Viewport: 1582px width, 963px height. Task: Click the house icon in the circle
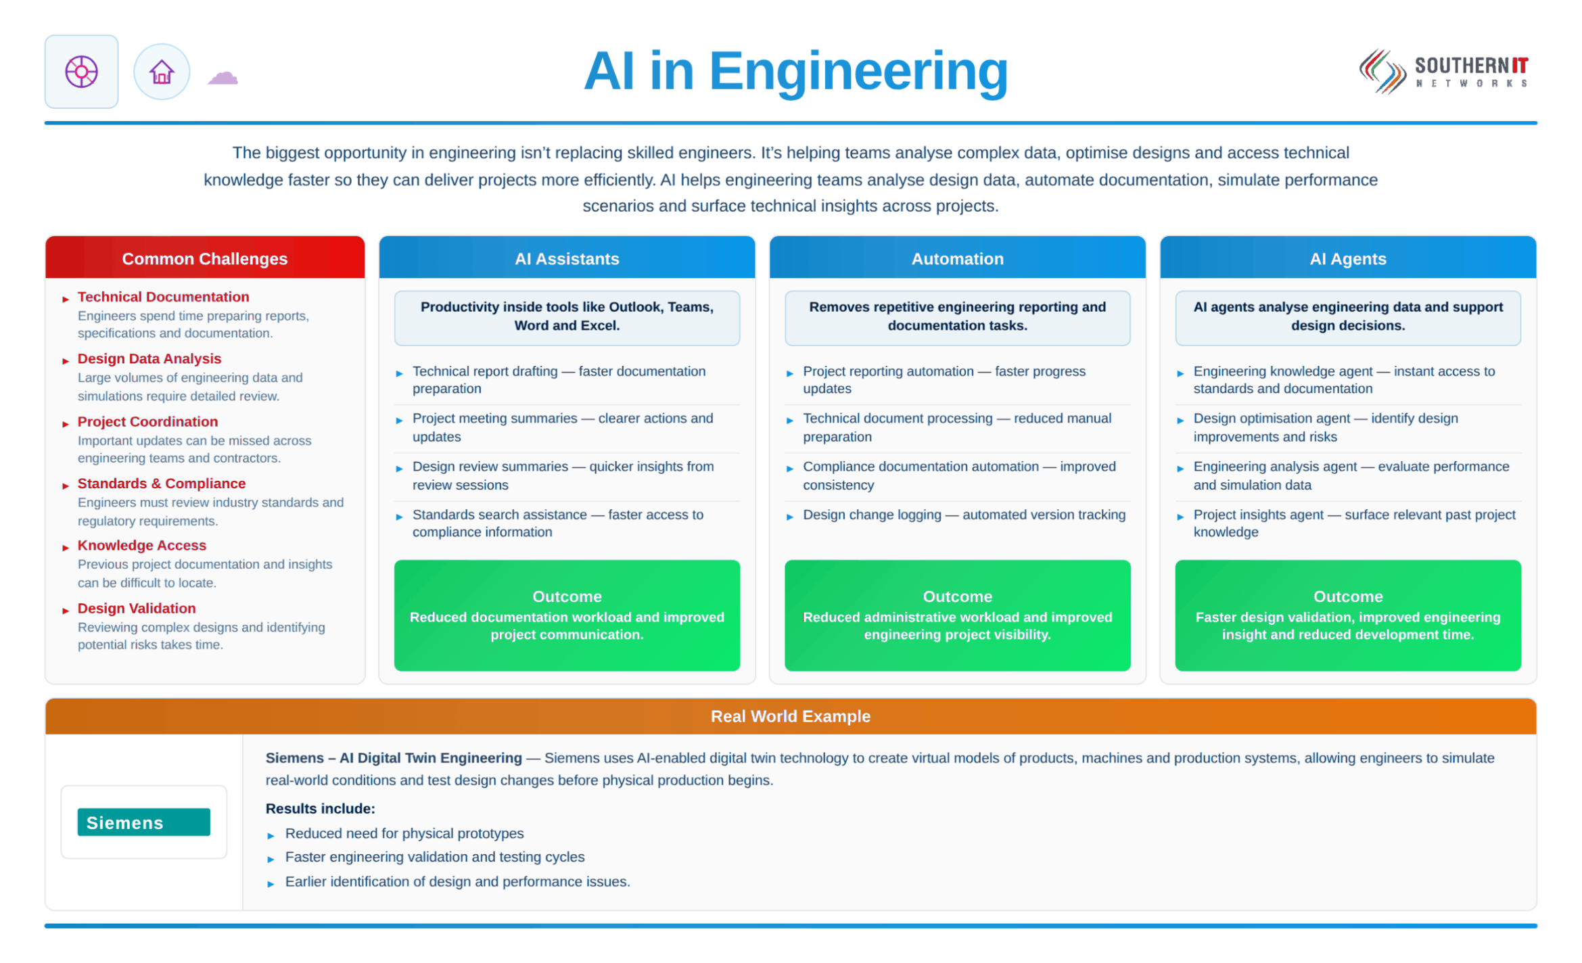click(162, 72)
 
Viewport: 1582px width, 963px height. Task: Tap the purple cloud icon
click(223, 77)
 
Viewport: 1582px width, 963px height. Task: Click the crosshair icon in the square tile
click(81, 72)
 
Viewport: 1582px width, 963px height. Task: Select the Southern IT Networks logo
click(1443, 71)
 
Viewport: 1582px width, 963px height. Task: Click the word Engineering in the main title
click(858, 72)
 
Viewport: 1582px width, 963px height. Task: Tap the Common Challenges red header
click(205, 258)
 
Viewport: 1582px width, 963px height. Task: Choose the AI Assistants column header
click(567, 258)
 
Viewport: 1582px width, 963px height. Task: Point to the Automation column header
click(957, 258)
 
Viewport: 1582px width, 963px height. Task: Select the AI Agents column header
click(1348, 258)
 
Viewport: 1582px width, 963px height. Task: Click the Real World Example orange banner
click(791, 716)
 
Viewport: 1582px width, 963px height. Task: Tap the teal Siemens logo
click(143, 822)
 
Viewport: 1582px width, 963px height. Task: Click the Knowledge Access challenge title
click(142, 545)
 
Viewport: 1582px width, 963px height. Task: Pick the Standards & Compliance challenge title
click(162, 484)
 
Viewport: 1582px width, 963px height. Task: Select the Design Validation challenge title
click(137, 608)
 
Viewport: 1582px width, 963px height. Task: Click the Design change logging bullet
click(964, 515)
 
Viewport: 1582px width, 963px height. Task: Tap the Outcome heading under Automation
click(957, 596)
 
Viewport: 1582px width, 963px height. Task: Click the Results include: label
click(320, 808)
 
